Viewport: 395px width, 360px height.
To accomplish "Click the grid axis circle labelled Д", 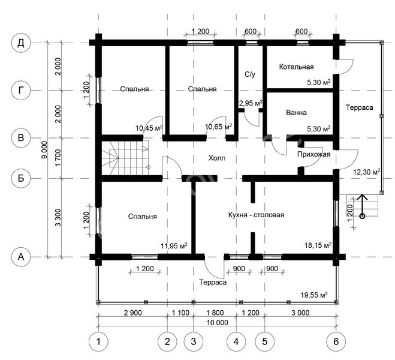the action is [x=21, y=43].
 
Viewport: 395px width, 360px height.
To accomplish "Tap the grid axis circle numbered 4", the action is [x=236, y=341].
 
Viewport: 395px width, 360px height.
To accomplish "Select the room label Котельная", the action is [x=296, y=67].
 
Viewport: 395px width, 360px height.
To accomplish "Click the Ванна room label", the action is [x=296, y=112].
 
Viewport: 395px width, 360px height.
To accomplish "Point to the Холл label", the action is [x=217, y=158].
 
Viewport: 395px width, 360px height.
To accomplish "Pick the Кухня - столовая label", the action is [x=256, y=215].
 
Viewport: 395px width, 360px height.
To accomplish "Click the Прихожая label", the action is [x=313, y=154].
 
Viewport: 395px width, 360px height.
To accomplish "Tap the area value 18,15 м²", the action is [x=318, y=245].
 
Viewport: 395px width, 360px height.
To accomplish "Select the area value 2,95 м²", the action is [x=251, y=103].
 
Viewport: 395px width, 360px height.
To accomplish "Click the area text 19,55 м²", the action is [x=314, y=295].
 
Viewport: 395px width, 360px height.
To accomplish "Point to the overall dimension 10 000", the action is [x=218, y=322].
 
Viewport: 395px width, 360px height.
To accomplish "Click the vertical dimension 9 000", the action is [x=44, y=150].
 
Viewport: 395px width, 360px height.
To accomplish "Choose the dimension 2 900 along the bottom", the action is [x=132, y=313].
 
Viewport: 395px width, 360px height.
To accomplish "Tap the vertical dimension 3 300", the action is [x=58, y=218].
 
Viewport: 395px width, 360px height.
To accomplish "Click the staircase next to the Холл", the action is [x=125, y=158].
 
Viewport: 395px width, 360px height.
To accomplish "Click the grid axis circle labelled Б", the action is [x=21, y=178].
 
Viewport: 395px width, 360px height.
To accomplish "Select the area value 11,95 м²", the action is [x=174, y=245].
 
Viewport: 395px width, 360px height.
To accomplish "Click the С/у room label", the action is [x=250, y=74].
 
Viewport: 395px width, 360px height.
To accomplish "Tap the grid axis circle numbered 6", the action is [x=336, y=341].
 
